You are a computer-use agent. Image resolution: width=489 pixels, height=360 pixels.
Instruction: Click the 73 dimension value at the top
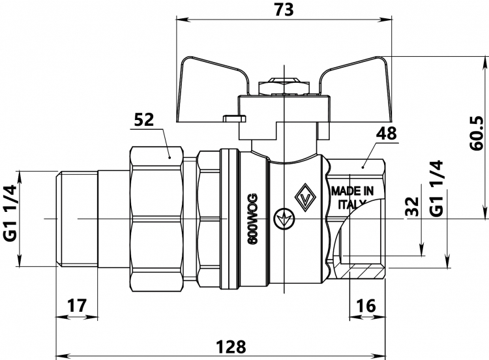284,9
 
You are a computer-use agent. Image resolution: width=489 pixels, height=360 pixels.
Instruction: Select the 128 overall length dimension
231,346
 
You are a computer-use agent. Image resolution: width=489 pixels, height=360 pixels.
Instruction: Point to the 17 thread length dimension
77,305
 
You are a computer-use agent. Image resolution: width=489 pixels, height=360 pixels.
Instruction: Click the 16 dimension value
366,305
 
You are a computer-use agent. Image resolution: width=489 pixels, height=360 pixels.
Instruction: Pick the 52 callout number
144,120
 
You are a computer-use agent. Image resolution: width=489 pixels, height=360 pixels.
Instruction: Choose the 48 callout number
387,134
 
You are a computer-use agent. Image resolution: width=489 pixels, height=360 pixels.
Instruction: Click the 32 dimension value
412,207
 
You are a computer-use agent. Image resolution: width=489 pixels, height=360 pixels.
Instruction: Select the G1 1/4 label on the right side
436,188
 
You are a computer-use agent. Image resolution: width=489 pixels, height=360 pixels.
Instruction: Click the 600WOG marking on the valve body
253,219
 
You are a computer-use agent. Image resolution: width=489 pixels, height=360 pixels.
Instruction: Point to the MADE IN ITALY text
352,198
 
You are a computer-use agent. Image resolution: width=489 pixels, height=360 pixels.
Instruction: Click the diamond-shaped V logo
306,197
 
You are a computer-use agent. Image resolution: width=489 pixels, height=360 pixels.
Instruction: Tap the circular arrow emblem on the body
284,219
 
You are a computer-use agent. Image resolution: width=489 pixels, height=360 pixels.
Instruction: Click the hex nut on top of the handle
284,86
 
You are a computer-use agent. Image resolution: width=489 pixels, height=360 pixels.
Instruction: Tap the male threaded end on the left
77,218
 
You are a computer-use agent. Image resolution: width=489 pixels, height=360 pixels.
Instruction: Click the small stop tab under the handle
234,118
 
